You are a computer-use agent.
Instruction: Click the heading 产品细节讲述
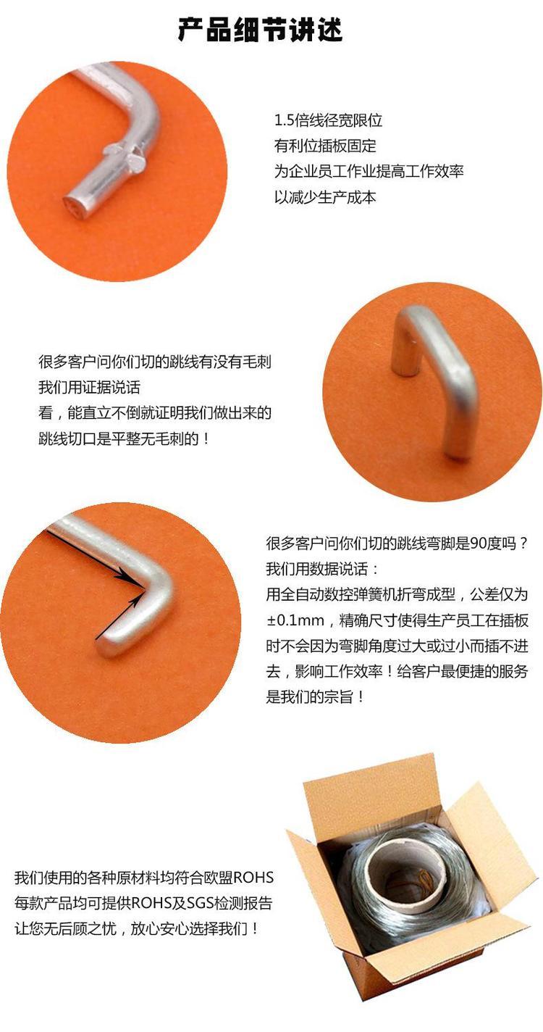tap(260, 30)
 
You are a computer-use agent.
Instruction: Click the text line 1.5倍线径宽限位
tap(328, 121)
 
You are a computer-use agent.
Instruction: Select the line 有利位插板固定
tap(325, 146)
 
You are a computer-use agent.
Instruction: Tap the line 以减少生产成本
tap(325, 197)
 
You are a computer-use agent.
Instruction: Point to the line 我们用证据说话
tap(89, 387)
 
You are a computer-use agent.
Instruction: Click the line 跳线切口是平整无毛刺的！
tap(124, 438)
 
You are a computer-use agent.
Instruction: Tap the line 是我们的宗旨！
tap(315, 696)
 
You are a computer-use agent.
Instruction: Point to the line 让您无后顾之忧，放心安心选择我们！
tap(136, 928)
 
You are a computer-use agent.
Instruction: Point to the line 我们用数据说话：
tap(321, 569)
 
